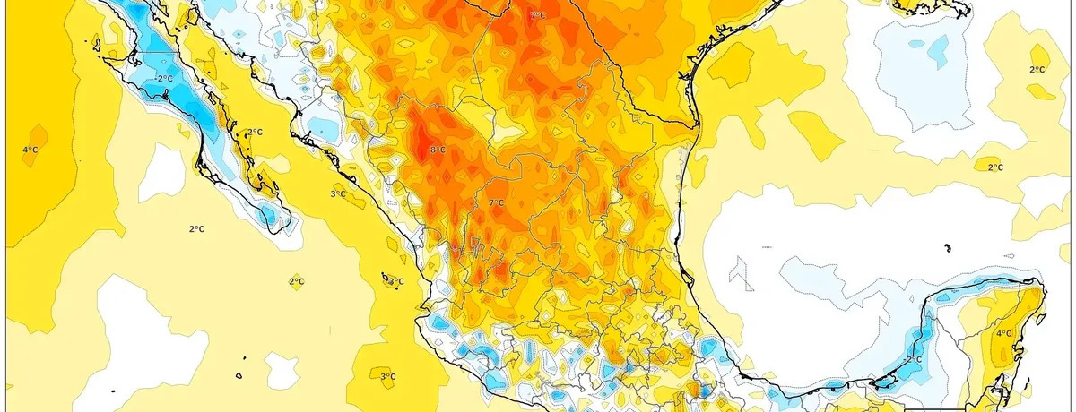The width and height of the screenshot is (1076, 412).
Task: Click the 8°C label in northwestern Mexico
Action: click(438, 150)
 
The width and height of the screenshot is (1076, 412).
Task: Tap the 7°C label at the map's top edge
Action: click(538, 16)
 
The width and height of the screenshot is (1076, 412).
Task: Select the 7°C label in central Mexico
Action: click(496, 203)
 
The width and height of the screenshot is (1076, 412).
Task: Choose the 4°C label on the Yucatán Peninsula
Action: click(1003, 333)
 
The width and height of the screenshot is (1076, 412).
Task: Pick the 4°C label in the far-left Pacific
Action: click(30, 149)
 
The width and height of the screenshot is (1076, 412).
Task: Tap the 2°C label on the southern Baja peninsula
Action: click(255, 133)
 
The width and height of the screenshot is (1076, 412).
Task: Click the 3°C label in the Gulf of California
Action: click(338, 193)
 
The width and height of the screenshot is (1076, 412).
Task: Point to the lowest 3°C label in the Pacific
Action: click(387, 376)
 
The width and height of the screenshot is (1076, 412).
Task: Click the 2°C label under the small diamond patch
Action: click(296, 281)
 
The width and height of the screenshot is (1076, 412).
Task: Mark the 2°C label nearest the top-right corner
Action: click(1037, 70)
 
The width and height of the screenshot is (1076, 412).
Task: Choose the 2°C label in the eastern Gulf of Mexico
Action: click(994, 167)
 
